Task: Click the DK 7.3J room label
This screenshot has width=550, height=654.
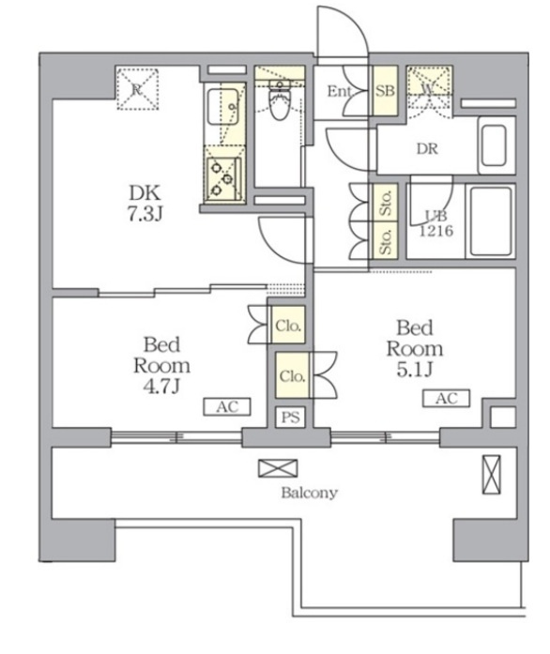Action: click(145, 203)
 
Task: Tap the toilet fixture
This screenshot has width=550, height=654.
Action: click(279, 100)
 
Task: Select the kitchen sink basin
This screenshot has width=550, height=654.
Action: click(222, 106)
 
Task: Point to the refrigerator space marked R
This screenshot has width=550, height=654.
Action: click(137, 89)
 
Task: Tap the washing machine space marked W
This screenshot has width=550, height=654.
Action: click(429, 91)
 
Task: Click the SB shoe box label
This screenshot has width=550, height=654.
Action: click(385, 91)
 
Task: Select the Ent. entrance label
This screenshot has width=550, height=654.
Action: click(340, 91)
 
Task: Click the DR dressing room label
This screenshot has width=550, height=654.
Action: click(427, 148)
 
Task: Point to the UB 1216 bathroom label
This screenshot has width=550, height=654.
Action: click(436, 223)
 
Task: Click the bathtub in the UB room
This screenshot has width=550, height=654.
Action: click(491, 221)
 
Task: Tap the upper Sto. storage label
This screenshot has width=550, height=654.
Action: click(386, 203)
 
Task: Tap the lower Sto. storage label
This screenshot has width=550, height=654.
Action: click(386, 241)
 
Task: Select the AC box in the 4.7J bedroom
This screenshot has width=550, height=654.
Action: click(227, 406)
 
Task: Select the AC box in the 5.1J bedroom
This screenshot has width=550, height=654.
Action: click(446, 398)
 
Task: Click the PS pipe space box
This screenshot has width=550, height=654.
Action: click(290, 418)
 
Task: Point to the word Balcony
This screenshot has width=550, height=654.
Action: click(309, 493)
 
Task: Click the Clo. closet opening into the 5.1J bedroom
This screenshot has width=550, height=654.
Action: click(292, 375)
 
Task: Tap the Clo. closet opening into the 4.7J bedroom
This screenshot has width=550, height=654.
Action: click(288, 325)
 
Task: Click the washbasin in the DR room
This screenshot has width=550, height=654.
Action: click(496, 145)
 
